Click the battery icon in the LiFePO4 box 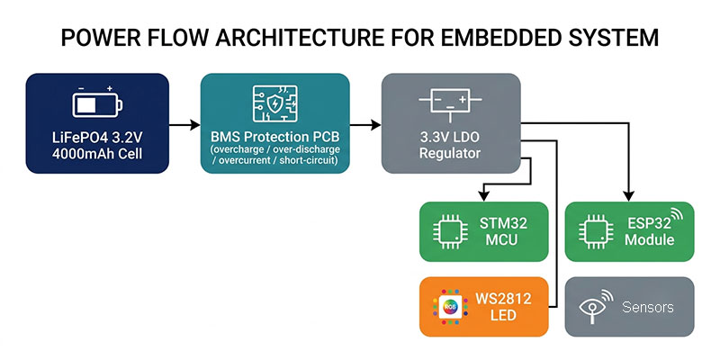[x=97, y=103]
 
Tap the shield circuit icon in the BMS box [x=274, y=103]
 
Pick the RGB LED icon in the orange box [x=450, y=307]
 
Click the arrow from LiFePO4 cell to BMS [x=184, y=124]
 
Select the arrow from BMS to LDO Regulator [x=365, y=124]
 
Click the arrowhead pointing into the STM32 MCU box [x=483, y=196]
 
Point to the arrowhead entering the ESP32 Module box [x=628, y=196]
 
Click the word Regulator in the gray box [x=450, y=153]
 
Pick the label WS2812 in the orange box [x=503, y=299]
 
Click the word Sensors [x=648, y=307]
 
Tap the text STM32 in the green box [x=503, y=223]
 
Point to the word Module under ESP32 [x=649, y=239]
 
